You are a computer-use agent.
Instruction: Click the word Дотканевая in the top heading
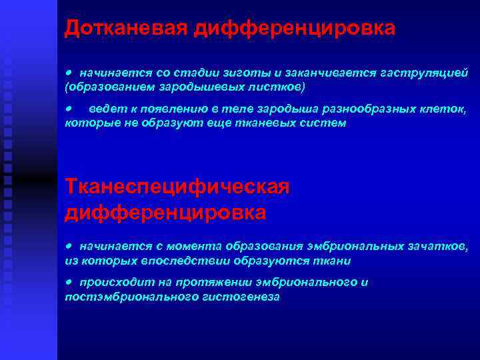(x=127, y=27)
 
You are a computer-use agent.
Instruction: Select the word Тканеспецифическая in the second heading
(x=177, y=188)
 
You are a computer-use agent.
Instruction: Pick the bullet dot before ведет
(x=68, y=107)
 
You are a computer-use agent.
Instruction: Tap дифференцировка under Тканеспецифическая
(x=165, y=212)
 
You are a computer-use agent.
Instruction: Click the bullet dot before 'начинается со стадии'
(x=68, y=71)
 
